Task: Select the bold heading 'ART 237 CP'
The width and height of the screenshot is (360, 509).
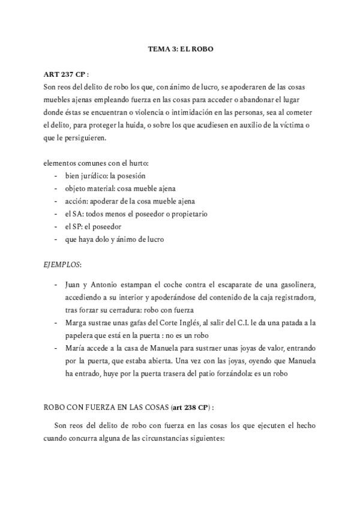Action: coord(64,75)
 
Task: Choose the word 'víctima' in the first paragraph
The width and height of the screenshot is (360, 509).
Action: coord(292,125)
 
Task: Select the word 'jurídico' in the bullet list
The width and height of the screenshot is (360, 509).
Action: coord(101,176)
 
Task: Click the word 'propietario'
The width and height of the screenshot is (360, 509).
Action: coord(187,214)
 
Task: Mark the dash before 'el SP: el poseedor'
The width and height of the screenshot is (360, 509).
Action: coord(56,226)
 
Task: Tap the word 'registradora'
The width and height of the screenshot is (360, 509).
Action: coord(290,297)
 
